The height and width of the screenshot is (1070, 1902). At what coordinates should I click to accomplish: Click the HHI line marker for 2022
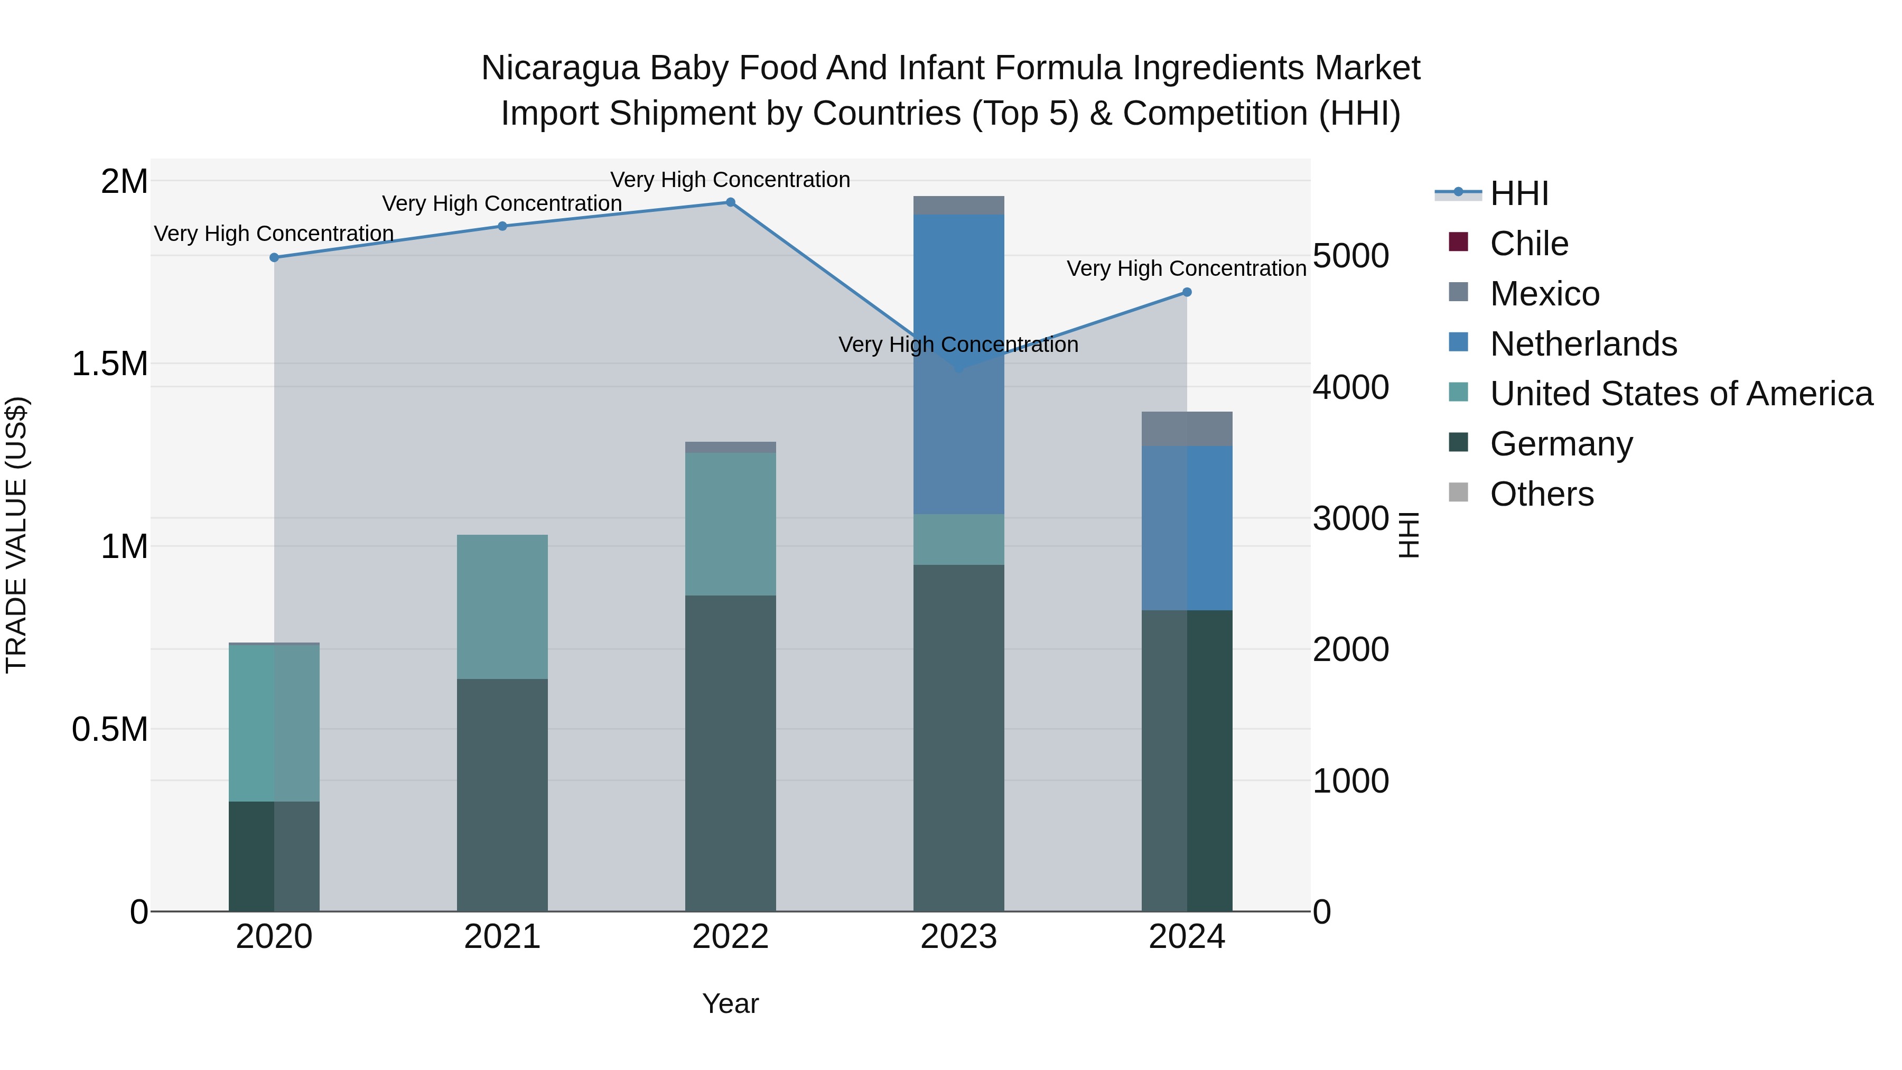click(x=730, y=202)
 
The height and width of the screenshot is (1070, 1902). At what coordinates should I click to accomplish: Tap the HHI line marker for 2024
click(x=1187, y=292)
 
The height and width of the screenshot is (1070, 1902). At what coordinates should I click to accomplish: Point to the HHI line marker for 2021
click(x=502, y=227)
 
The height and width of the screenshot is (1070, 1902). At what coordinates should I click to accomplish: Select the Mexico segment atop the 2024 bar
click(x=1187, y=429)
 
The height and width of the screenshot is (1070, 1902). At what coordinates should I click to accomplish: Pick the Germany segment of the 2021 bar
click(x=502, y=795)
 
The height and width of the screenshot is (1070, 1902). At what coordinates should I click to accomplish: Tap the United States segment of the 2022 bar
click(x=730, y=524)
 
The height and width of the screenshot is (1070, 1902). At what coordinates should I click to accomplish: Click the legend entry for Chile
click(x=1528, y=244)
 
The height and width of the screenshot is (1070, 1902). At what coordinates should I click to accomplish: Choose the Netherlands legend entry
click(x=1583, y=344)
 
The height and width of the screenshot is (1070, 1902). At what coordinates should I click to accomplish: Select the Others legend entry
click(x=1542, y=494)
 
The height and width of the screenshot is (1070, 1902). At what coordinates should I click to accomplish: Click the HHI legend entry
click(x=1519, y=193)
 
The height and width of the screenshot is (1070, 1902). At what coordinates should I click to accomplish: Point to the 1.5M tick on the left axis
click(x=110, y=364)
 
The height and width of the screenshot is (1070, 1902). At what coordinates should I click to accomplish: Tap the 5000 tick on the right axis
click(x=1351, y=256)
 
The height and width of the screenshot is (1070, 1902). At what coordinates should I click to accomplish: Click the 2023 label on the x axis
click(x=958, y=937)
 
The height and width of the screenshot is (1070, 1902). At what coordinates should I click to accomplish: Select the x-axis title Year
click(x=730, y=1003)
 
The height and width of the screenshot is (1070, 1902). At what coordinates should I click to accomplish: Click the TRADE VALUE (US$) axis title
click(x=16, y=535)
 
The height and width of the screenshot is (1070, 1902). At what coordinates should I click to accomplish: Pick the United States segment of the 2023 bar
click(x=958, y=540)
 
